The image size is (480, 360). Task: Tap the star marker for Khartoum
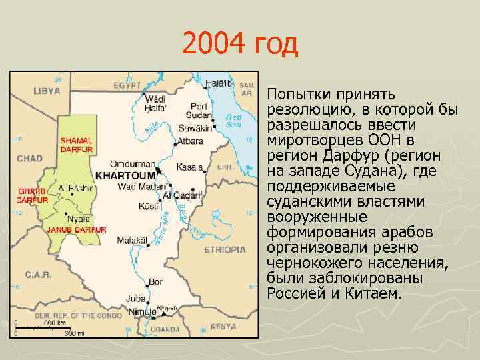point(159,171)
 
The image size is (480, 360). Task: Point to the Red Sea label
point(233,121)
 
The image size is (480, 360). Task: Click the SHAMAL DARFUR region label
point(77,145)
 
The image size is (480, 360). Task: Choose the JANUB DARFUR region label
point(77,229)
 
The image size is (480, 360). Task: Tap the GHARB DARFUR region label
point(32,195)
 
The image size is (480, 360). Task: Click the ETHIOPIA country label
point(225,250)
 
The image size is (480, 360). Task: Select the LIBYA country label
point(47,90)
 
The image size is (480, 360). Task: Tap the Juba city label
point(135,299)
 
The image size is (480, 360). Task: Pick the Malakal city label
point(131,240)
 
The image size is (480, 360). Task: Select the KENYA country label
point(223,327)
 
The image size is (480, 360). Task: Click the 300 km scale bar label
point(55,323)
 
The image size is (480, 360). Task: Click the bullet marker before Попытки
point(260,94)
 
